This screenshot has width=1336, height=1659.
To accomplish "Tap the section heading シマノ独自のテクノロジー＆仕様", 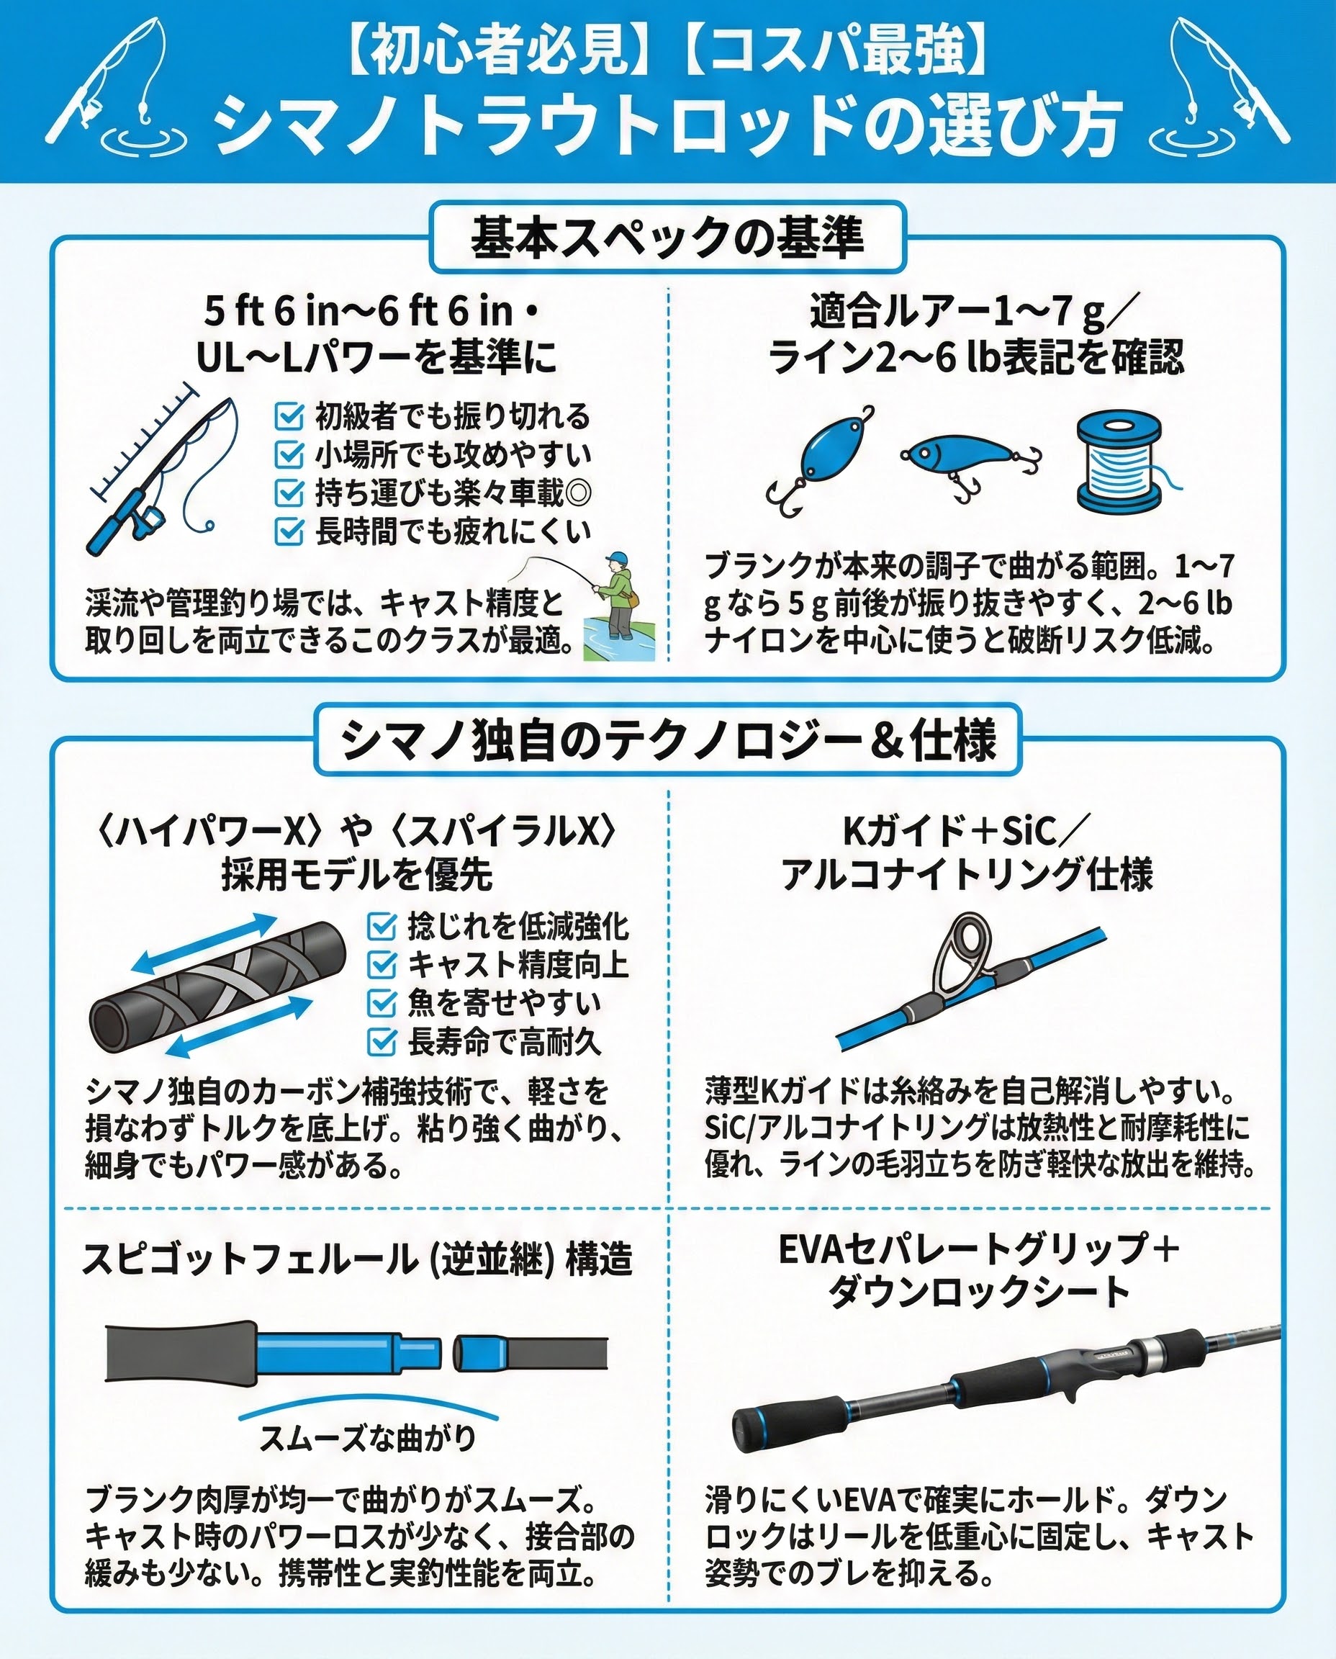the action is click(668, 739).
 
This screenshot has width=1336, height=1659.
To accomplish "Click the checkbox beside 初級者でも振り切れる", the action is click(289, 416).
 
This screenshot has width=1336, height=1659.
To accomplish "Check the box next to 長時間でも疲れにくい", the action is click(289, 531).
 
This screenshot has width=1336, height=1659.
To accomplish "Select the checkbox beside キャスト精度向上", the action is click(382, 965).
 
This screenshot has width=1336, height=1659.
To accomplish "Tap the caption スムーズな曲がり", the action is click(368, 1437).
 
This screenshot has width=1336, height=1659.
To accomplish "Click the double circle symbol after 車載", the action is click(577, 493).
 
